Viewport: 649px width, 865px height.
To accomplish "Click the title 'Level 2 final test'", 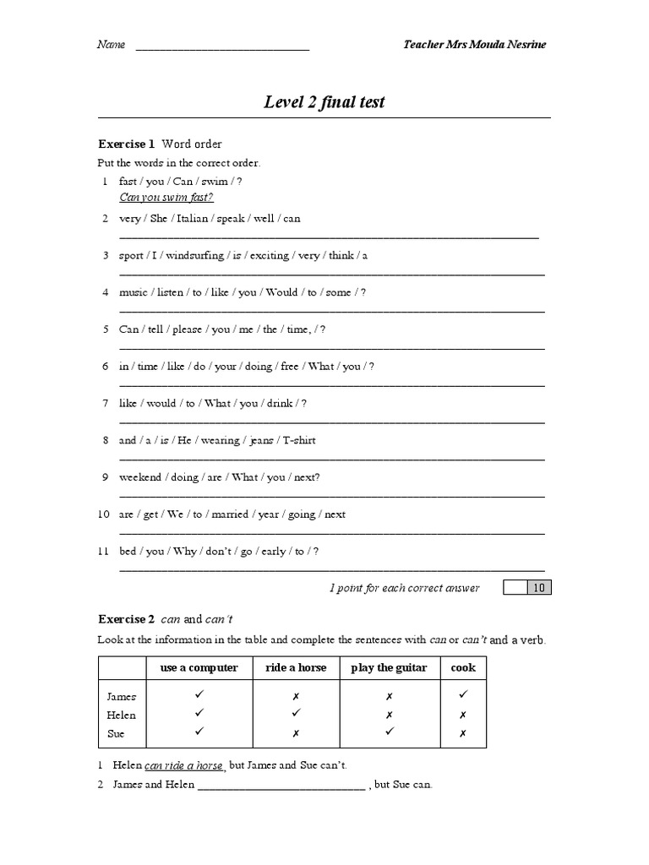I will [324, 103].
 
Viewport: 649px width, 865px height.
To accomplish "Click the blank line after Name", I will [222, 46].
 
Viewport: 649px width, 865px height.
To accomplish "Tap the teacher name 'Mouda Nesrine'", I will [509, 44].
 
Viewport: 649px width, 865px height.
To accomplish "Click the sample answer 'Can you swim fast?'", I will [166, 198].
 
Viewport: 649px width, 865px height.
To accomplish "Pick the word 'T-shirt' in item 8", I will [298, 440].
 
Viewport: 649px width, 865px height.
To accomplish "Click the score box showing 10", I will [537, 588].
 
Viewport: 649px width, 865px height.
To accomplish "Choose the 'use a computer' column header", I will [199, 667].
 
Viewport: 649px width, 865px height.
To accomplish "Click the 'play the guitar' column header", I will [389, 667].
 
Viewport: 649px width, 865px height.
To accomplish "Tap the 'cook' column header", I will [463, 667].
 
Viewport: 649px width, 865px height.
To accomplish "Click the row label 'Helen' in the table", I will [121, 715].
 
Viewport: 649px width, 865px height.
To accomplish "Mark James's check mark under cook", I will [463, 695].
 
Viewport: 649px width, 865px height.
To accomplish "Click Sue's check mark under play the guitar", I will [389, 732].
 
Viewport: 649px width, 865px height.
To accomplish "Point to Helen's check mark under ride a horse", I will [296, 714].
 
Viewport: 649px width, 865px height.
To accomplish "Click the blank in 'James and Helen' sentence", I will [281, 785].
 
